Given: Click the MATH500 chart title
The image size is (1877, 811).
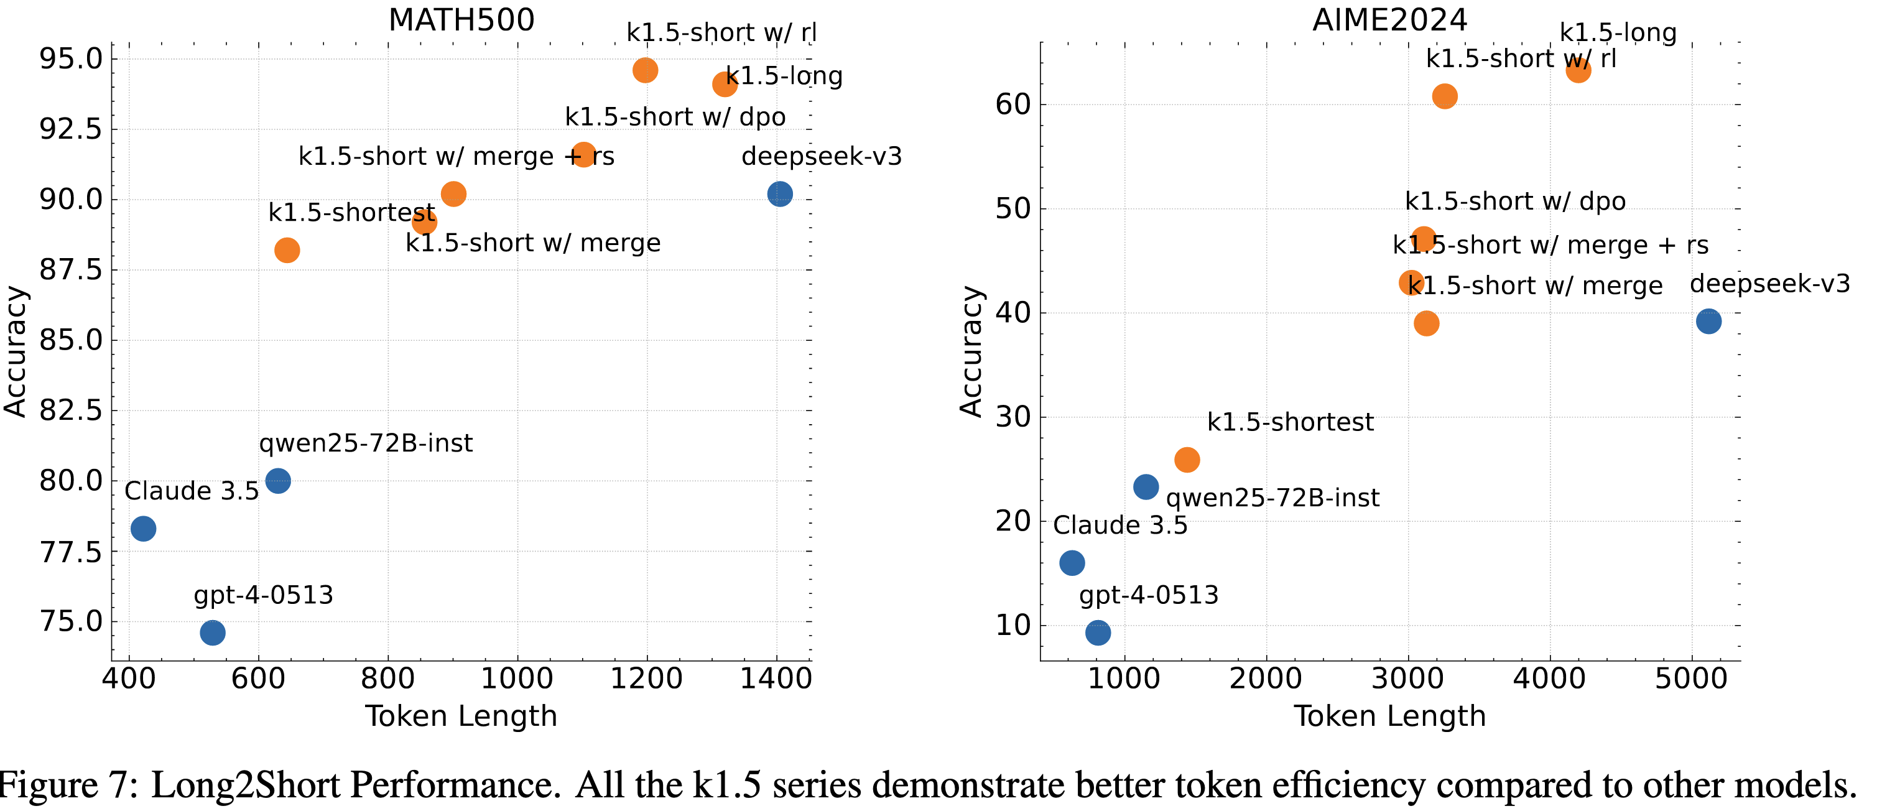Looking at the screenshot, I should click(x=461, y=20).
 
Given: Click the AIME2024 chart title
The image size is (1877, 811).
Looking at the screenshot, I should click(x=1389, y=20).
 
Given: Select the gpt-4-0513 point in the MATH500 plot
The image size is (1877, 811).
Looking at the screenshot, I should click(x=212, y=633).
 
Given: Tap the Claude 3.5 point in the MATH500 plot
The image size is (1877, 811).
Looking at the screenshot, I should click(x=143, y=528).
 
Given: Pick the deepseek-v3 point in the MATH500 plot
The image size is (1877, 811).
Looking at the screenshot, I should click(x=780, y=194).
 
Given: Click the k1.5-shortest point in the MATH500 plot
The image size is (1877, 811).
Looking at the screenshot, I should click(x=287, y=250).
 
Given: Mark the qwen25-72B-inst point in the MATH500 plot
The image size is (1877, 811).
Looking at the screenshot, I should click(x=277, y=481).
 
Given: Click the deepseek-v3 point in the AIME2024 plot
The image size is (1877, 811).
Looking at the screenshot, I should click(x=1708, y=322).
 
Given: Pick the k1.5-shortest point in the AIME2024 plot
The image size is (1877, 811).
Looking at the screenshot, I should click(x=1187, y=460).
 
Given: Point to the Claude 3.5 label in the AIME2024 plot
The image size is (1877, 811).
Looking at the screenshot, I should click(x=1120, y=526).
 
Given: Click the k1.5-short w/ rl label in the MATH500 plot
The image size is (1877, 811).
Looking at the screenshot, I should click(x=721, y=33).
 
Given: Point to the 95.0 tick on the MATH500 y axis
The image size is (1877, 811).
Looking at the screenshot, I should click(x=71, y=59).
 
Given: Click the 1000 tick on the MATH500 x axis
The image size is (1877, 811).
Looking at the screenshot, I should click(x=517, y=679).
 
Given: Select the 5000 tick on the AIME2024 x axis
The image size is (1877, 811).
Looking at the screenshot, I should click(x=1691, y=679).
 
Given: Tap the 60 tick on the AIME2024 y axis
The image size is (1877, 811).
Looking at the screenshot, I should click(x=1013, y=104).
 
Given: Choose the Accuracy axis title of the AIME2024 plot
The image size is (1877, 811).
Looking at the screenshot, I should click(x=971, y=351).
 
